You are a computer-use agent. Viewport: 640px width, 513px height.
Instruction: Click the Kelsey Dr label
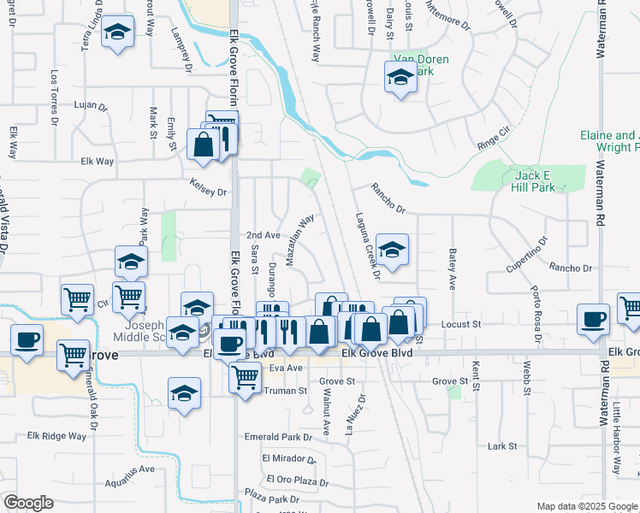click(x=210, y=192)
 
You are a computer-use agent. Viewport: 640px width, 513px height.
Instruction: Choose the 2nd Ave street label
click(x=263, y=235)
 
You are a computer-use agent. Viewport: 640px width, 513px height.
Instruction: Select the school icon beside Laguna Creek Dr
click(x=392, y=251)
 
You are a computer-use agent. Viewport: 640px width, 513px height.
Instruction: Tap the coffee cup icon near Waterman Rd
click(x=593, y=320)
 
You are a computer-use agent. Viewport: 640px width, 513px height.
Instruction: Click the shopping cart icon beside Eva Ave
click(x=246, y=376)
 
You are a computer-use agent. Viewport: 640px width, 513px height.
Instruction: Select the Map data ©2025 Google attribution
click(x=586, y=506)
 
